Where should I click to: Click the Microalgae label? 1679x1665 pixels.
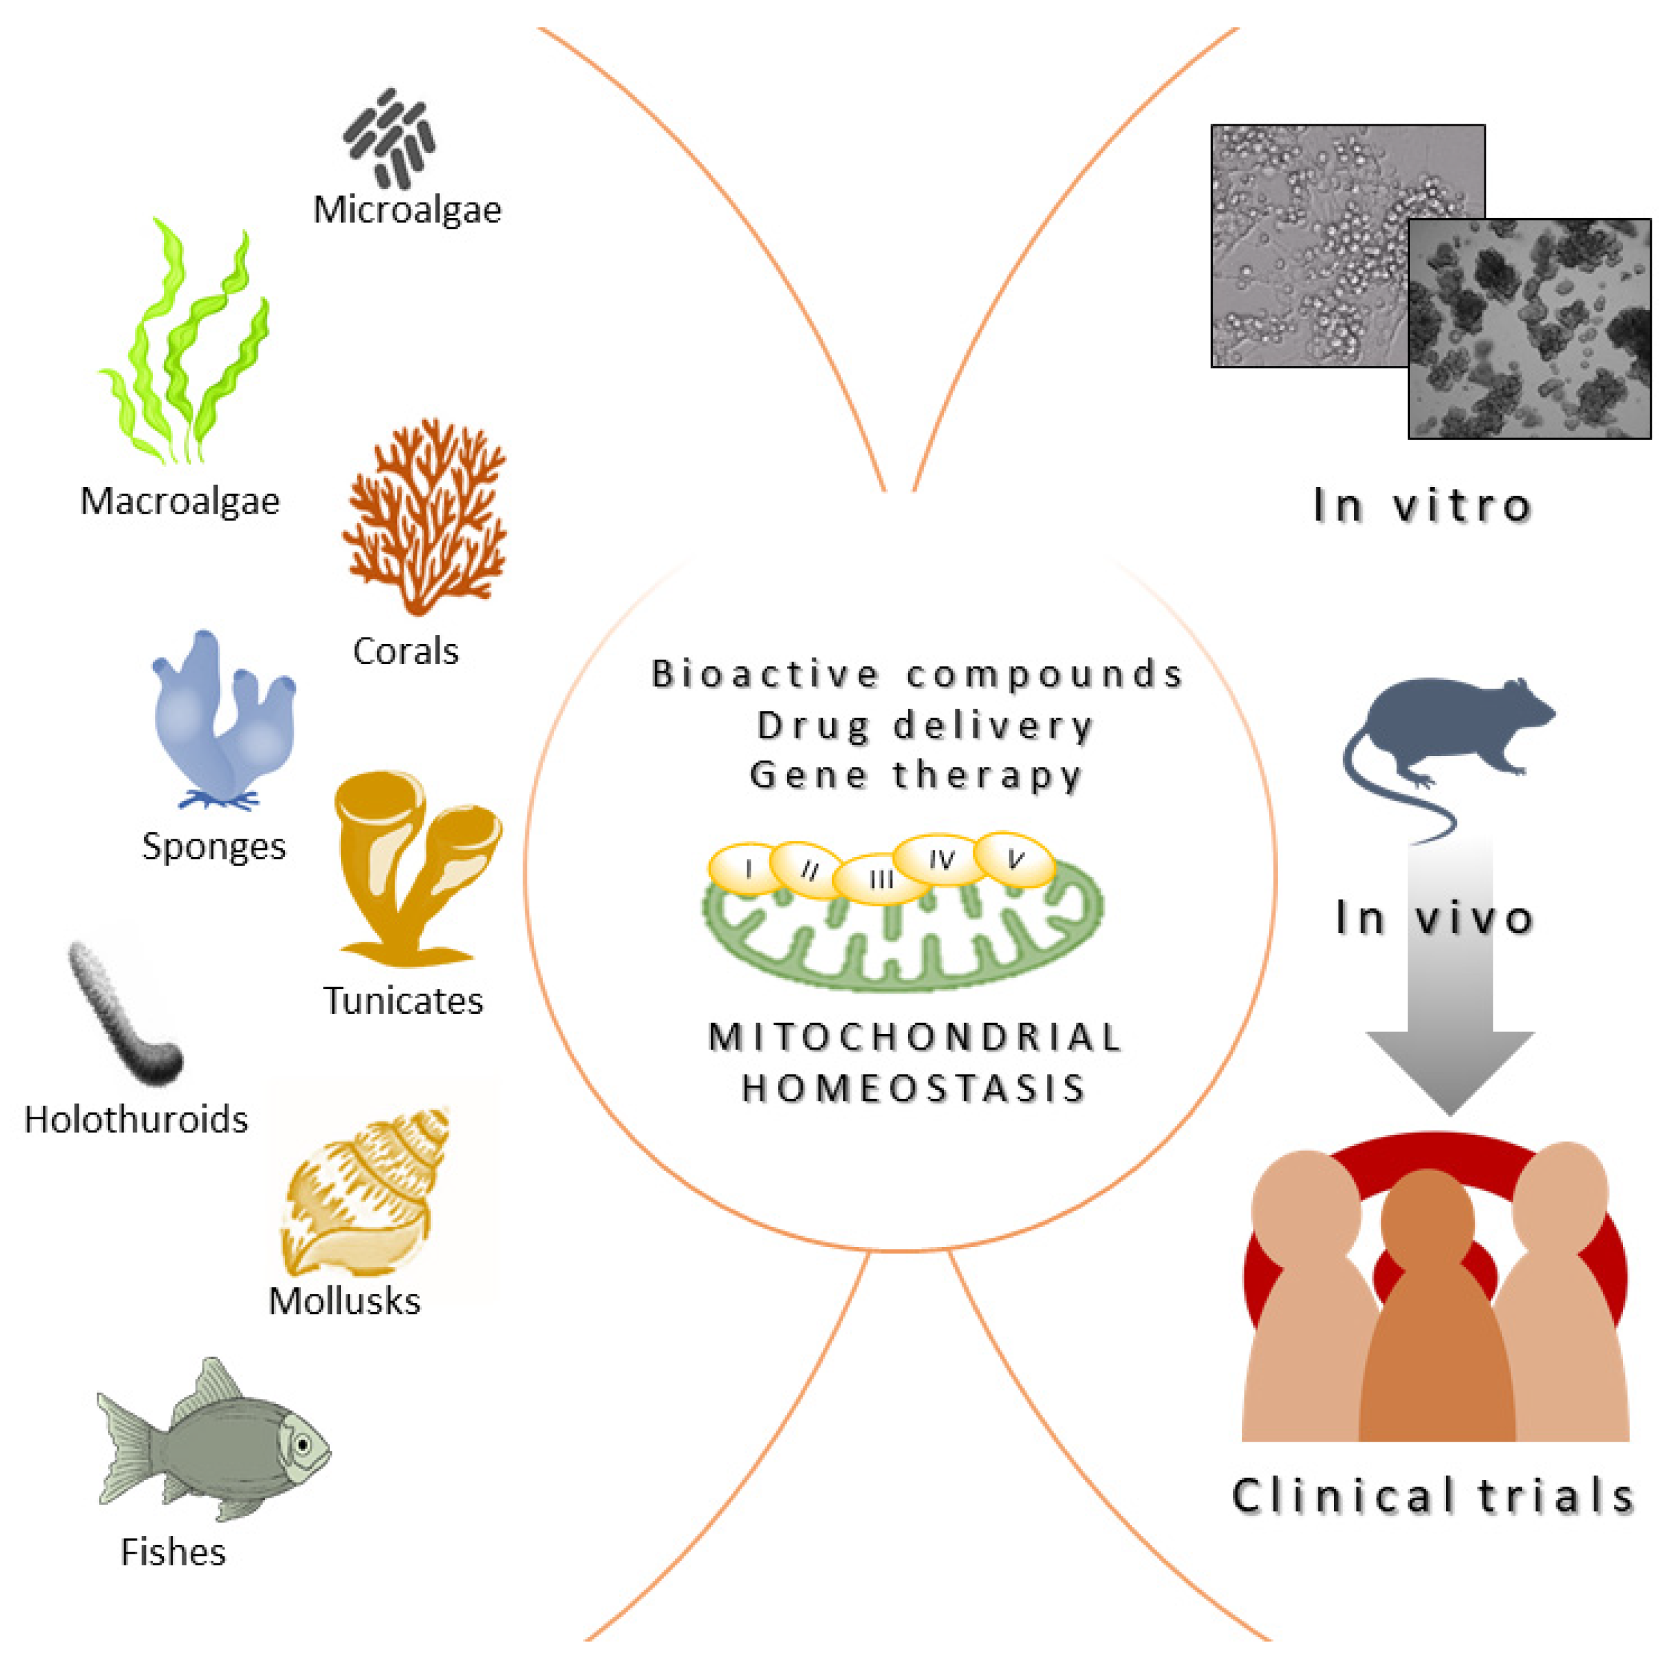click(x=407, y=210)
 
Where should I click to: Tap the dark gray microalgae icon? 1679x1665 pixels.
click(x=389, y=137)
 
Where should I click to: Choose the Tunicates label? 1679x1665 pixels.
click(x=403, y=1000)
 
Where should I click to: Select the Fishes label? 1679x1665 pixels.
click(x=173, y=1552)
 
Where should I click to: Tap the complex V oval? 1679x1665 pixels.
click(x=1014, y=860)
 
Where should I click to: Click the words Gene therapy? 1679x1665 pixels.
click(x=915, y=775)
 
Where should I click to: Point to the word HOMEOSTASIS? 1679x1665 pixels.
click(x=913, y=1088)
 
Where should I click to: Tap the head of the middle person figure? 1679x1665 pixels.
click(x=1427, y=1216)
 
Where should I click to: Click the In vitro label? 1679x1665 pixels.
click(x=1422, y=506)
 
